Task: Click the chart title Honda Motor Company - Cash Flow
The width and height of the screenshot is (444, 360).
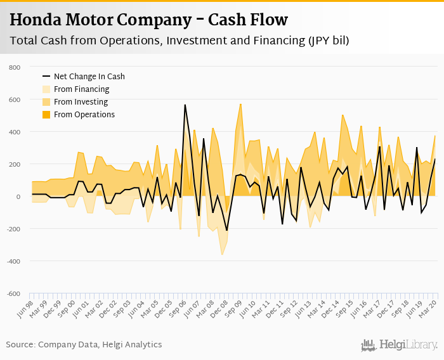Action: pyautogui.click(x=148, y=20)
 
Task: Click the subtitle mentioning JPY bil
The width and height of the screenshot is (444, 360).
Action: pyautogui.click(x=180, y=41)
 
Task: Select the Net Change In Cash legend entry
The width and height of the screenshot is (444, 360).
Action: pyautogui.click(x=89, y=77)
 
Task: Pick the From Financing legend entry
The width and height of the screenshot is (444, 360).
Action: pyautogui.click(x=82, y=89)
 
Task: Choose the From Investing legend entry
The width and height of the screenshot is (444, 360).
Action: pyautogui.click(x=81, y=102)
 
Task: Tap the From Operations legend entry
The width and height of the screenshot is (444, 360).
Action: pyautogui.click(x=84, y=115)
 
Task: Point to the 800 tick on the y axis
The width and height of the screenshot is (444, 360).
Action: pyautogui.click(x=15, y=67)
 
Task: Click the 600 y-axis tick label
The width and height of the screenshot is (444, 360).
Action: pyautogui.click(x=15, y=100)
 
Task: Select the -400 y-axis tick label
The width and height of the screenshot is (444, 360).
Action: pyautogui.click(x=13, y=261)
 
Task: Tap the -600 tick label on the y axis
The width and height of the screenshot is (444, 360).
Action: pyautogui.click(x=13, y=293)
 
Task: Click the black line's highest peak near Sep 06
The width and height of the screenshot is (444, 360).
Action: pyautogui.click(x=185, y=105)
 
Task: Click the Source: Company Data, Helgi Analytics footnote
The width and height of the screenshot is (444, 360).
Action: pyautogui.click(x=84, y=345)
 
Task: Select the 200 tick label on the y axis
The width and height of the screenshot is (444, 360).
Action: pyautogui.click(x=15, y=164)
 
